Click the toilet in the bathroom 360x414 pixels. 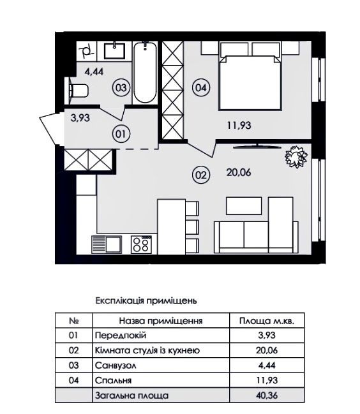[x=78, y=91]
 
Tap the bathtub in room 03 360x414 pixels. [x=145, y=72]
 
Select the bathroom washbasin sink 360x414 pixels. [x=114, y=51]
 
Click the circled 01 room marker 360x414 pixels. [x=121, y=134]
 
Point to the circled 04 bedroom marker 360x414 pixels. [x=201, y=87]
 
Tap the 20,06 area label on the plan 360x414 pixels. [x=239, y=172]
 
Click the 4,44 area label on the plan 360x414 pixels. [x=94, y=71]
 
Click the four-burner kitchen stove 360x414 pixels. [x=141, y=244]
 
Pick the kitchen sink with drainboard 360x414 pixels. [x=107, y=244]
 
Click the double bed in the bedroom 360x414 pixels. [x=250, y=83]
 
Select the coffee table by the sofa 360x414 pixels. [x=244, y=205]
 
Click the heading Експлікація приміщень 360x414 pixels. [x=146, y=300]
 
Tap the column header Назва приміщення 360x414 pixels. [x=161, y=321]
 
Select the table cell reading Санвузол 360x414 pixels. [x=116, y=366]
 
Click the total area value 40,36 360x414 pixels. [x=267, y=396]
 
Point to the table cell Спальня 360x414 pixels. [x=114, y=380]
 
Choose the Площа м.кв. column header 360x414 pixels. [x=267, y=321]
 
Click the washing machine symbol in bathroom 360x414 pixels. [x=87, y=51]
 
